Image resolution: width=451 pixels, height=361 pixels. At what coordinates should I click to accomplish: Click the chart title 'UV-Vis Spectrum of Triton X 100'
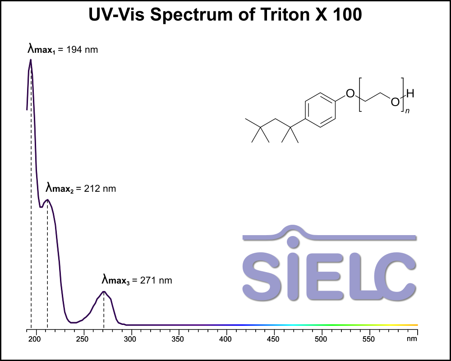pyautogui.click(x=225, y=15)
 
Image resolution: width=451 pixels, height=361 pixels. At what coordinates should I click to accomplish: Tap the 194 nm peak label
pyautogui.click(x=63, y=49)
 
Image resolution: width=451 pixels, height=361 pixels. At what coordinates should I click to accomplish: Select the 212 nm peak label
pyautogui.click(x=81, y=188)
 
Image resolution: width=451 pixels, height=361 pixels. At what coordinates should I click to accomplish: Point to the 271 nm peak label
pyautogui.click(x=137, y=280)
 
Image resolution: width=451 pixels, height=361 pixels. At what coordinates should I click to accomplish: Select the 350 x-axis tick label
pyautogui.click(x=179, y=338)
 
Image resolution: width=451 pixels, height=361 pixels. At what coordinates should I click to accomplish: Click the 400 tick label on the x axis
pyautogui.click(x=226, y=338)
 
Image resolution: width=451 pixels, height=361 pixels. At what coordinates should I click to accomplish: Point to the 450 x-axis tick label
pyautogui.click(x=274, y=338)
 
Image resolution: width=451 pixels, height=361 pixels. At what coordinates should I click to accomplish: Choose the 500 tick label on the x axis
pyautogui.click(x=322, y=338)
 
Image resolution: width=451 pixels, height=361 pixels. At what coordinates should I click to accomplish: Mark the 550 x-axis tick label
pyautogui.click(x=369, y=338)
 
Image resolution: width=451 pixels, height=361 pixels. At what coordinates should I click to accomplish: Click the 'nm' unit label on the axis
pyautogui.click(x=411, y=338)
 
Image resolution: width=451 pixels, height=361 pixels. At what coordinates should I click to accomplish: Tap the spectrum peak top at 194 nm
pyautogui.click(x=30, y=60)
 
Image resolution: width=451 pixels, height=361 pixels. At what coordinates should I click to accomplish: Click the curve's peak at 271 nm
pyautogui.click(x=104, y=292)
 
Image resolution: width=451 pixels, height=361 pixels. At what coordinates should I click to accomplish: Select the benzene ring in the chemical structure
pyautogui.click(x=321, y=111)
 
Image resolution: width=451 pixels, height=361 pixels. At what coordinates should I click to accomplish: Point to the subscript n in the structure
pyautogui.click(x=407, y=111)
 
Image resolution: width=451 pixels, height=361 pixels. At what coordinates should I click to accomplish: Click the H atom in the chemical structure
pyautogui.click(x=410, y=94)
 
